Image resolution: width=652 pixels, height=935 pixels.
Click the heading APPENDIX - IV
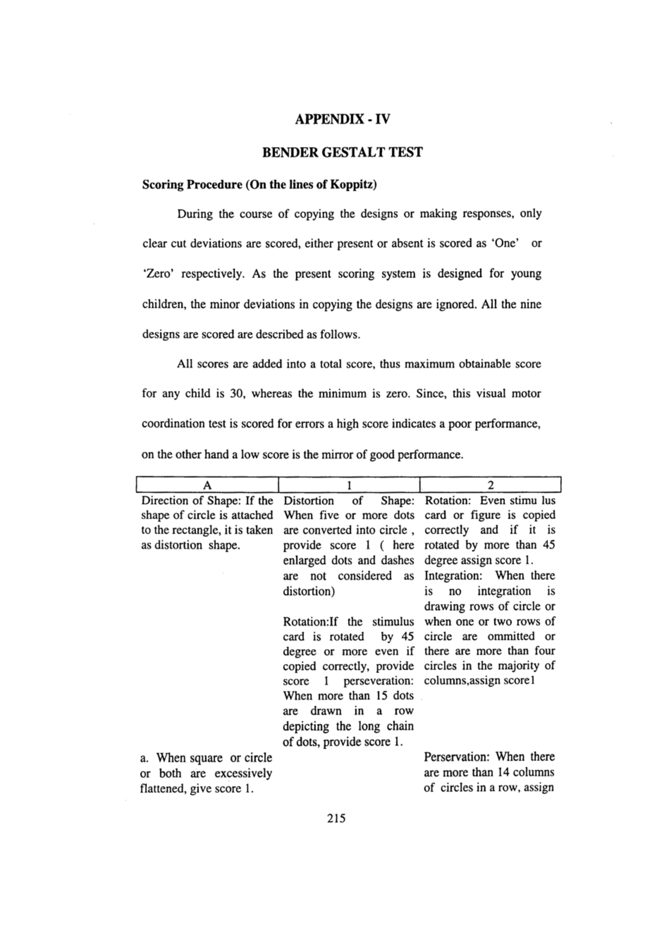pos(342,119)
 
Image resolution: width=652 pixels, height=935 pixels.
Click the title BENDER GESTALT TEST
pos(342,152)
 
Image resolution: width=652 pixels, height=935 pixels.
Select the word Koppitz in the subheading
pos(355,185)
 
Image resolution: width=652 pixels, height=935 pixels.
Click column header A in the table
pos(206,485)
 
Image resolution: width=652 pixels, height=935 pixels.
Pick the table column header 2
pos(491,485)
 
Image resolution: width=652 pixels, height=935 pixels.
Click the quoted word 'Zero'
pos(159,274)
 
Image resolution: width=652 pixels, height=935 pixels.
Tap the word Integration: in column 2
pos(453,576)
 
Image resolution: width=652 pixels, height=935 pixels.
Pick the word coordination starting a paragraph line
pos(173,424)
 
